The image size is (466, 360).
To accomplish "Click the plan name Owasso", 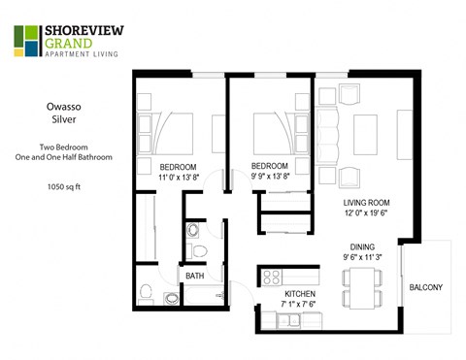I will coord(63,108).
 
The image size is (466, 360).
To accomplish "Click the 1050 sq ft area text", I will coord(63,185).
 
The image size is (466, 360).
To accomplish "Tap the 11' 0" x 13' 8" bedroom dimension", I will coord(179,177).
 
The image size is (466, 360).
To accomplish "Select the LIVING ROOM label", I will coord(367,202).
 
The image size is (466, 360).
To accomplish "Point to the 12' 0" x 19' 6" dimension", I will coord(367,214).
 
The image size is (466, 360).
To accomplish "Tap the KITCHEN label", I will coord(300,293).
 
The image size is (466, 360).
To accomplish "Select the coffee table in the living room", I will coord(364,130).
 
